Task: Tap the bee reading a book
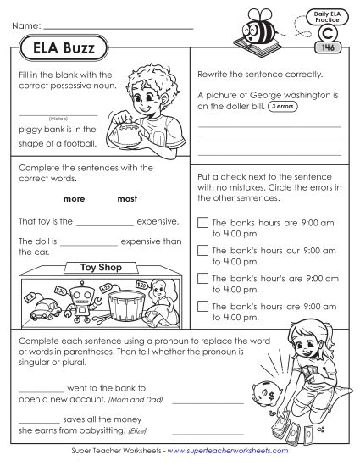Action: [263, 30]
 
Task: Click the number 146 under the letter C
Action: [327, 48]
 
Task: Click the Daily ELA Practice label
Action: [326, 15]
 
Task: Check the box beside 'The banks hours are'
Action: [201, 222]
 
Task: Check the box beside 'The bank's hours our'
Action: [201, 250]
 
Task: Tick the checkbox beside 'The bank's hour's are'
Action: [201, 277]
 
